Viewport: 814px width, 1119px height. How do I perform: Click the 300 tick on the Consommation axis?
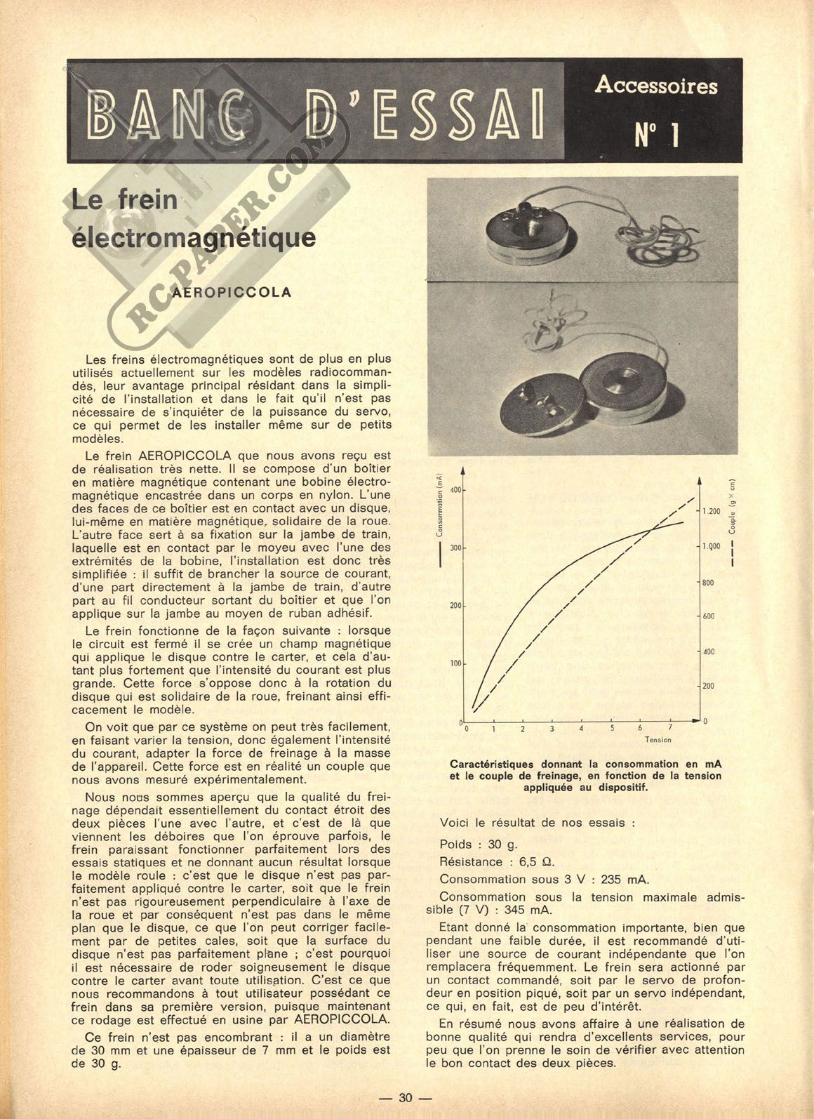[x=455, y=547]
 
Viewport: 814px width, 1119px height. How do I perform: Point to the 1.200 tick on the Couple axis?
[x=710, y=511]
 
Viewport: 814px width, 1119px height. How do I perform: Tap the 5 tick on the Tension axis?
[x=611, y=728]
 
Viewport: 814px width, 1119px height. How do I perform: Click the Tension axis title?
[x=658, y=739]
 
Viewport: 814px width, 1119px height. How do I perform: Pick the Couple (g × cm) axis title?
[x=732, y=506]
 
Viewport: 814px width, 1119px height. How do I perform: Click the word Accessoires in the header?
[x=655, y=86]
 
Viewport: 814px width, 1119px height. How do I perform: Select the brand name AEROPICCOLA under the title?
[x=232, y=292]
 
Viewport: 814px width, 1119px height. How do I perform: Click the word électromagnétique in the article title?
[x=194, y=237]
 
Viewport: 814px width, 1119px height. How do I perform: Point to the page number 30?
[x=406, y=1099]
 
